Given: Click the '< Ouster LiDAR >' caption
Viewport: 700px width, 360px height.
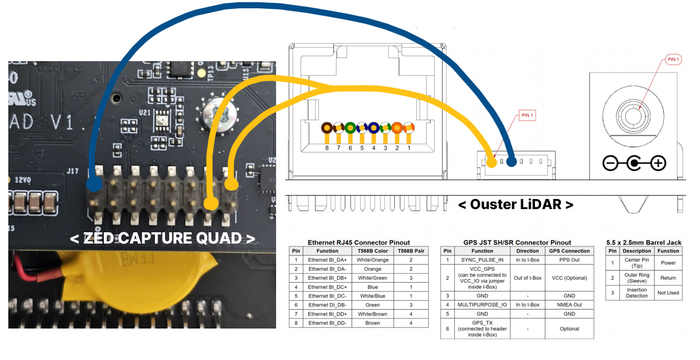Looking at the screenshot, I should (515, 204).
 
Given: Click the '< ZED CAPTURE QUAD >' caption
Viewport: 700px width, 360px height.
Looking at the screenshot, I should (162, 238).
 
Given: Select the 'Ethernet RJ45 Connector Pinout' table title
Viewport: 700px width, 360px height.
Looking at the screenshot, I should (359, 242).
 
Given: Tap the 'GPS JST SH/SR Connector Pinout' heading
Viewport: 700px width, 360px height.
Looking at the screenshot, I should (517, 242).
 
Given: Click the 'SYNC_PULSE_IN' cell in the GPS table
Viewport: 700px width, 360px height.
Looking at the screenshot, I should (482, 260).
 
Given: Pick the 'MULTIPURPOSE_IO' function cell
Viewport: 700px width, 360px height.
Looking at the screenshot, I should (482, 304).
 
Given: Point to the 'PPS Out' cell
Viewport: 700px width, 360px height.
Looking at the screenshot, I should (569, 260).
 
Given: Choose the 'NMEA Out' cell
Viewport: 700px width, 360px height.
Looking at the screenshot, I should (569, 304).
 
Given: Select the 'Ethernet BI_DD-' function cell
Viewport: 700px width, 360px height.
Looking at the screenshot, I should (327, 323).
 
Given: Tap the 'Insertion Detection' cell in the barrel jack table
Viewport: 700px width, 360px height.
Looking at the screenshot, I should (636, 292).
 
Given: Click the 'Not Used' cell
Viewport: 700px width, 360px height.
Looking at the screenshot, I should (668, 292).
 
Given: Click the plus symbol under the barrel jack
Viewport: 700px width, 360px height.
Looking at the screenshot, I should (658, 163).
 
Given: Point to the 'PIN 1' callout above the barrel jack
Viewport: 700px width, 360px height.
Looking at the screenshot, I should (673, 59).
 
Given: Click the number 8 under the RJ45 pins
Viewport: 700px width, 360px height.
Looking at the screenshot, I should (327, 148).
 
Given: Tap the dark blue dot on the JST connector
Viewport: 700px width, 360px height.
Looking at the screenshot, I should (511, 160).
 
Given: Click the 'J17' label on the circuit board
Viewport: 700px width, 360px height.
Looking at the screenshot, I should (72, 171).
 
